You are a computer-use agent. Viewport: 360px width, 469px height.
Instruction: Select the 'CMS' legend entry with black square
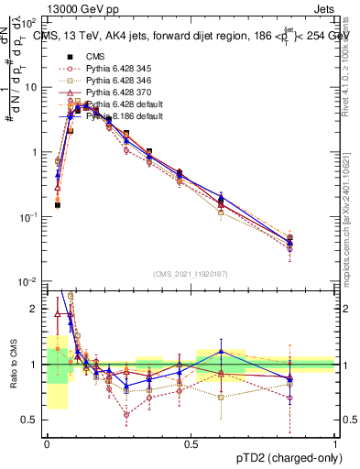pyautogui.click(x=95, y=57)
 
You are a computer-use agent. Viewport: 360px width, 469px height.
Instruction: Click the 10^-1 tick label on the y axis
pyautogui.click(x=30, y=217)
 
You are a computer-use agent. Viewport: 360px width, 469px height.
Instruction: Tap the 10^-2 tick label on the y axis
pyautogui.click(x=30, y=282)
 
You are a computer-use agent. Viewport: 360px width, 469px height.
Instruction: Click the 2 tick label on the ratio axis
pyautogui.click(x=38, y=309)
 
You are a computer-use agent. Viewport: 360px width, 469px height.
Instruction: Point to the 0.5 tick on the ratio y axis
pyautogui.click(x=33, y=420)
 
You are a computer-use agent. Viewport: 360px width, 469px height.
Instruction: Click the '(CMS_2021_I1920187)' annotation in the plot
pyautogui.click(x=191, y=274)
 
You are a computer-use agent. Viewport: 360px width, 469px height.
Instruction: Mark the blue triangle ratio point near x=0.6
pyautogui.click(x=220, y=352)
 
